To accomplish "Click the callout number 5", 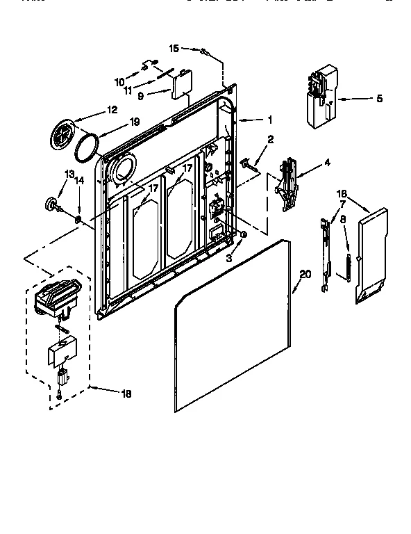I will pos(379,99).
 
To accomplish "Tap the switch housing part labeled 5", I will pos(319,97).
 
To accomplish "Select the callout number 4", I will pos(328,164).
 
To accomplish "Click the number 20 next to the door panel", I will pos(303,274).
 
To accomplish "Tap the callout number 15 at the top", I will pos(174,48).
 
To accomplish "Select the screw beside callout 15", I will pos(204,51).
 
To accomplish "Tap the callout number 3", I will pos(228,257).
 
